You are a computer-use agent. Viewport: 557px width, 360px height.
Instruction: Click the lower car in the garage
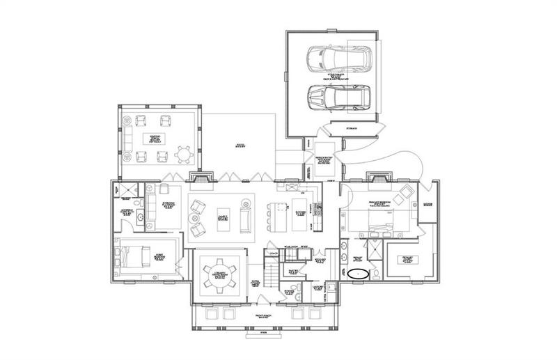click(340, 97)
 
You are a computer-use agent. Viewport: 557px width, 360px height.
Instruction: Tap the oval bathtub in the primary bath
click(359, 274)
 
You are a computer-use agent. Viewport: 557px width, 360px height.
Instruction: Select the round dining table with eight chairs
click(218, 269)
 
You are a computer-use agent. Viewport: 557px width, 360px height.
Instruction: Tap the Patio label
click(239, 145)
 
